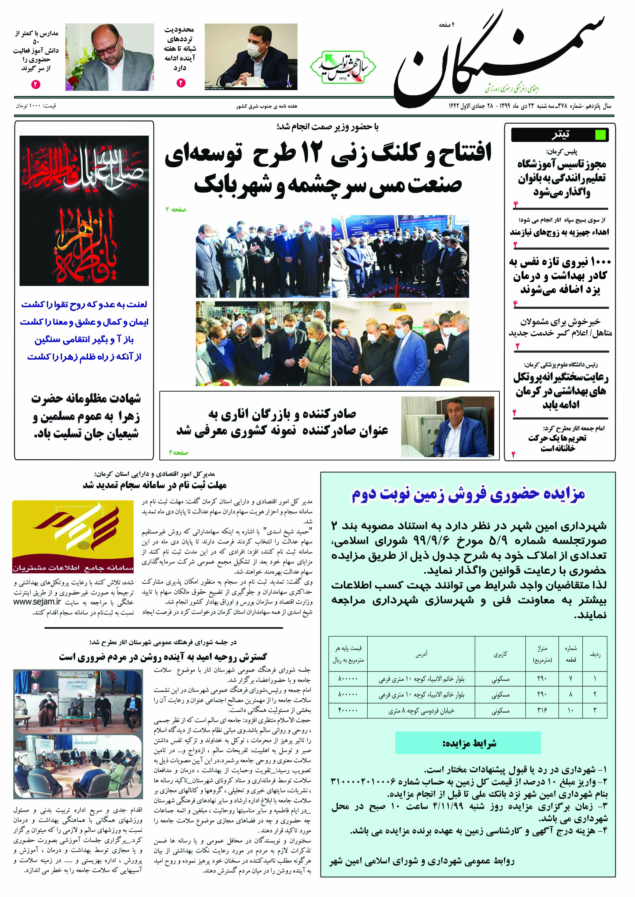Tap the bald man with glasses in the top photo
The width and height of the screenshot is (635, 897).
110,57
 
